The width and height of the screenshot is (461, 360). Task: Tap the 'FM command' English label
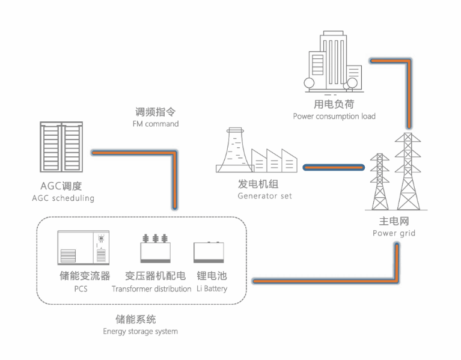tap(156, 124)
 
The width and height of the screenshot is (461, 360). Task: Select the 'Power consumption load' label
tap(334, 116)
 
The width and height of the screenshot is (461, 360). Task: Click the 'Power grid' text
tap(394, 233)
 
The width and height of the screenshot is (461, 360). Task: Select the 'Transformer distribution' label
tap(151, 288)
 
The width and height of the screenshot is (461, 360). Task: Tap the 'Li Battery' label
tap(212, 288)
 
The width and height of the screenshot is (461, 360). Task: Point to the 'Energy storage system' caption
tap(140, 331)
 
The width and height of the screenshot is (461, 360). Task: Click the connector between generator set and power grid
tap(334, 166)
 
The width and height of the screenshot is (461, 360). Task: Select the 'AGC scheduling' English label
tap(63, 198)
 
